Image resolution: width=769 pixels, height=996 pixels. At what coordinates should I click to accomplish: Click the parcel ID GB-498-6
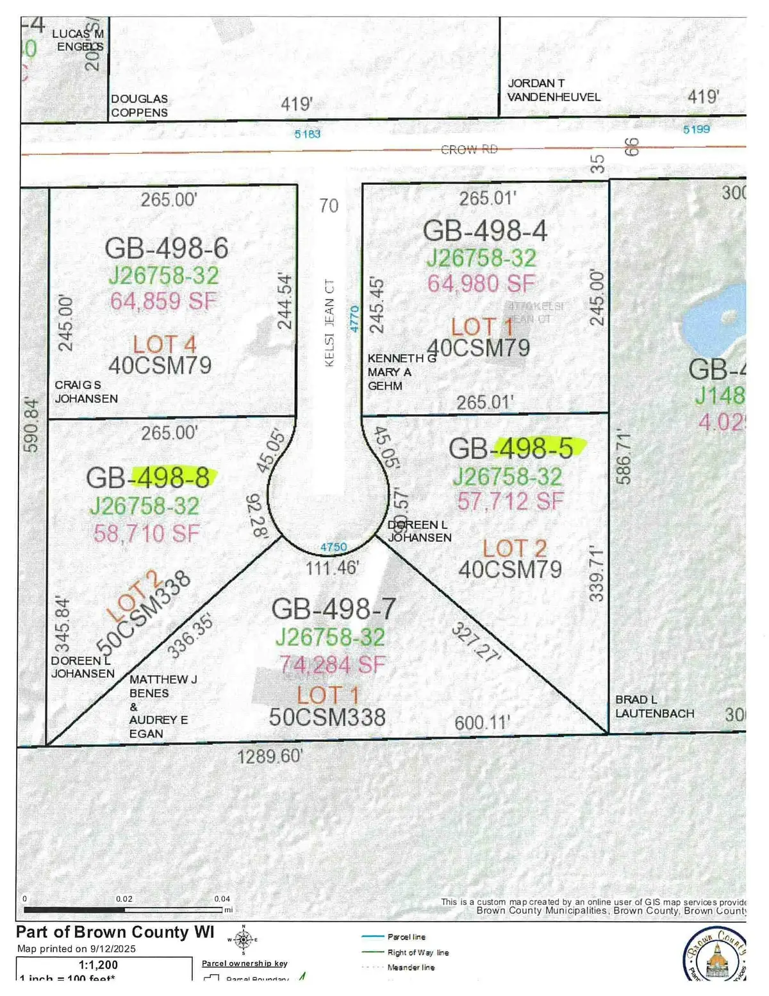click(x=166, y=248)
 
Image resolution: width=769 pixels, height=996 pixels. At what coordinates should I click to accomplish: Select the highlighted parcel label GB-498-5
click(x=511, y=448)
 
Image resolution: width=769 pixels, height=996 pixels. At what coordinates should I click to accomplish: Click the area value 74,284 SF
click(x=333, y=665)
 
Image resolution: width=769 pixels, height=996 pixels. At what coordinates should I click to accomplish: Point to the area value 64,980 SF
click(x=481, y=283)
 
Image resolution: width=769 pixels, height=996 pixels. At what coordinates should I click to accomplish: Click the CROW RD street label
click(x=468, y=149)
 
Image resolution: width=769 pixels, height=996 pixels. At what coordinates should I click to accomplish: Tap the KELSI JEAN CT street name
click(x=329, y=323)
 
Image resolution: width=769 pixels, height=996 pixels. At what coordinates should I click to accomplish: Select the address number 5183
click(x=307, y=134)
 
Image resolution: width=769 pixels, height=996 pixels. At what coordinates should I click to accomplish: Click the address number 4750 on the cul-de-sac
click(x=333, y=547)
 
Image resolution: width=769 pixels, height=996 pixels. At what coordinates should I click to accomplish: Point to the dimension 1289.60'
click(x=270, y=757)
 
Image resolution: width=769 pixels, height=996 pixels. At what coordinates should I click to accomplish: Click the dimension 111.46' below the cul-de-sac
click(x=331, y=568)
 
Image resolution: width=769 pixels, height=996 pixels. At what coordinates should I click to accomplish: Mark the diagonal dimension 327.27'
click(x=476, y=642)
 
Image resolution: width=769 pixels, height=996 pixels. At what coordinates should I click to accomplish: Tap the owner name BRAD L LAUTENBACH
click(x=654, y=706)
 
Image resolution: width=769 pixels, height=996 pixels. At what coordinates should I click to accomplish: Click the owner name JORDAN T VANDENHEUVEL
click(x=554, y=90)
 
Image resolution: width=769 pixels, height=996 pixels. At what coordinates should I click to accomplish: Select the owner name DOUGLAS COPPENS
click(x=139, y=106)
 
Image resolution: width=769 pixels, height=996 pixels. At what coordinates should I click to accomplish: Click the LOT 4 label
click(x=164, y=344)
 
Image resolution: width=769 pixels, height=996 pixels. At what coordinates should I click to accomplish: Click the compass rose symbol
click(x=243, y=940)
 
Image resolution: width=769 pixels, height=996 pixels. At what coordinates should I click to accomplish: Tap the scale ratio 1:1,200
click(x=98, y=965)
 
